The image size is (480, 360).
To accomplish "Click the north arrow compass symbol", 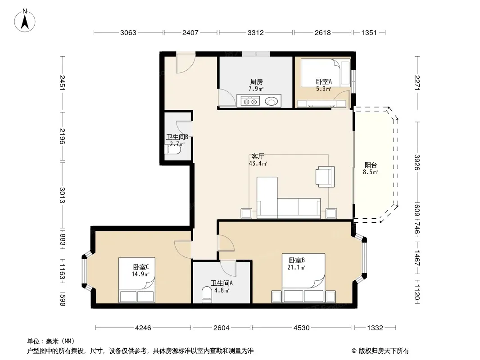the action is (25, 21).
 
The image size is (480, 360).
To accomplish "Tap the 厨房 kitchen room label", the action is (256, 81).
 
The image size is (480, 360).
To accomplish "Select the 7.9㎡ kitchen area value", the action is (256, 89).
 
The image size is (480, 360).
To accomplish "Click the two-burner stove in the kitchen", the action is (250, 101).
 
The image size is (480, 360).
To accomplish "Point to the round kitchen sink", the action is (271, 101).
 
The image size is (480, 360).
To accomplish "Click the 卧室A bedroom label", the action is (324, 81).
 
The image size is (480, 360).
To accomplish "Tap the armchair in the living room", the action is (325, 176).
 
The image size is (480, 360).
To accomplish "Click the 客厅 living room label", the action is (258, 156).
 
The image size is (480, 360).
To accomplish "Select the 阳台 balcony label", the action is (371, 165).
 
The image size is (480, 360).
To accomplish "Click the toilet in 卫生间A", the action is (207, 295).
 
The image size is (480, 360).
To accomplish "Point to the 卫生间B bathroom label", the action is (177, 137).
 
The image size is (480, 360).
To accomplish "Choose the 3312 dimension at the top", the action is (256, 32).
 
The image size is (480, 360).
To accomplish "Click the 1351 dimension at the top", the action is (369, 32).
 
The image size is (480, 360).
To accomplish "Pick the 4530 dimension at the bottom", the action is (302, 328).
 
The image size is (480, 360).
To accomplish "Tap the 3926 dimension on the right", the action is (417, 162).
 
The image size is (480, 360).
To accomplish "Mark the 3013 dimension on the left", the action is (62, 195).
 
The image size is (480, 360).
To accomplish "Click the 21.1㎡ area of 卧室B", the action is (296, 267).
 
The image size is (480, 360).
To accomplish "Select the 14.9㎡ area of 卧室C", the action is (140, 274).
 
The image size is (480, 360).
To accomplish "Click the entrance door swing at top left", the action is (186, 63).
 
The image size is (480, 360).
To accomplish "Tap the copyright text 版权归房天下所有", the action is (383, 351).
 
